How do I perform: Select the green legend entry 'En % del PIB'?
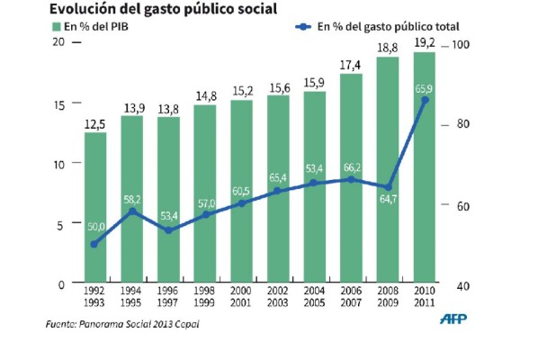[x=91, y=27]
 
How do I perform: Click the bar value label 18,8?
[x=388, y=48]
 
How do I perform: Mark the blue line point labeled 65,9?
[x=425, y=99]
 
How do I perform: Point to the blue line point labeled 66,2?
[x=351, y=179]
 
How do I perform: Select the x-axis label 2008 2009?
[x=388, y=298]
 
